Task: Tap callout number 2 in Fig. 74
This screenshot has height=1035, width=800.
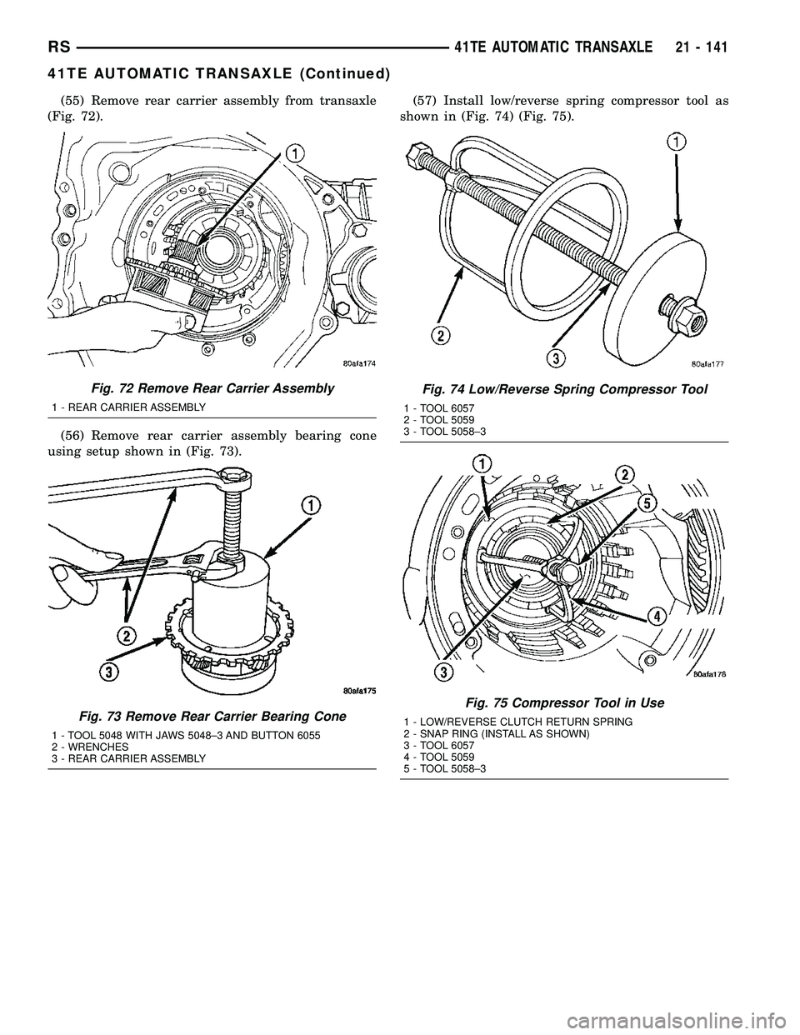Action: pos(440,335)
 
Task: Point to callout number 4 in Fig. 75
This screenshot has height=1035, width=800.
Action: pos(657,616)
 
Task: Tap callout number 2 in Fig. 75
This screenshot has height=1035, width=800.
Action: pos(621,473)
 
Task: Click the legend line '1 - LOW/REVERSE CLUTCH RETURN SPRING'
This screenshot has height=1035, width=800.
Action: pos(517,720)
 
